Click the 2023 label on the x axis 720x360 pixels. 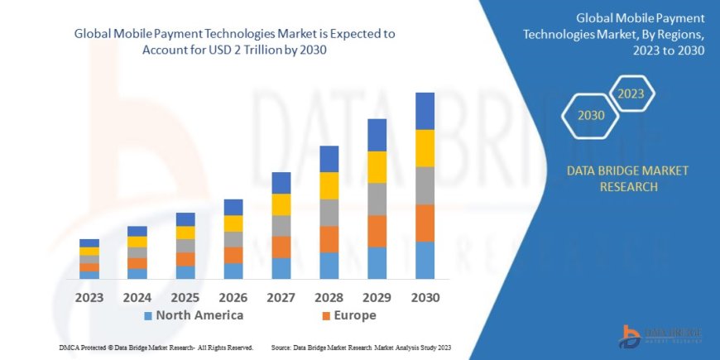click(x=89, y=297)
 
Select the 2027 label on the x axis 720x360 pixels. click(x=281, y=297)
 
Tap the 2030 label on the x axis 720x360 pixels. click(x=425, y=297)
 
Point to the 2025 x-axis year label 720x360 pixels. click(x=185, y=297)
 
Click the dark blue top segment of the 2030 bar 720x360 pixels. click(x=425, y=111)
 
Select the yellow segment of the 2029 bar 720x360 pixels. click(x=377, y=167)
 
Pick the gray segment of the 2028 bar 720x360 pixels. click(x=329, y=213)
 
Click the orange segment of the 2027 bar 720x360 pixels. click(x=281, y=247)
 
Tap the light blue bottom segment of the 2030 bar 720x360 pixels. click(x=425, y=260)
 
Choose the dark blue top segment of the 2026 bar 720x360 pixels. click(x=233, y=207)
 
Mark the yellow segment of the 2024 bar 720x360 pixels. click(x=137, y=242)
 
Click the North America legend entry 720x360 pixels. click(x=194, y=315)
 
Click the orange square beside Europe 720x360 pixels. click(x=326, y=316)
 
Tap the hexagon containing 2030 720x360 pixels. click(x=591, y=116)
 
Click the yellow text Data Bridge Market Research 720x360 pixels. click(x=626, y=178)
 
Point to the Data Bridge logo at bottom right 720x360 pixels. click(x=661, y=334)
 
